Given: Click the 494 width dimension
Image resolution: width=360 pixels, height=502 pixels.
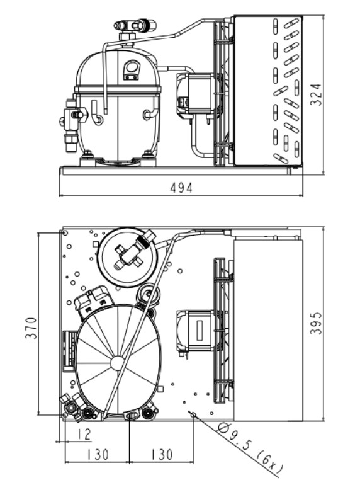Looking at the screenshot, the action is pos(181,188).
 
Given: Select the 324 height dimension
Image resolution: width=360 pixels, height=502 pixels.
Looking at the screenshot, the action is pos(315,94).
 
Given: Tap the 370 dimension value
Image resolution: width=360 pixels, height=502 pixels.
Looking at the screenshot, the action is pos(31,328).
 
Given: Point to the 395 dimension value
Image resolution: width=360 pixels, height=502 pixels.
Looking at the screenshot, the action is pos(315,323).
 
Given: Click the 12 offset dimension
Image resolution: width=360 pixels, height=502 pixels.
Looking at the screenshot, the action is pos(84,434).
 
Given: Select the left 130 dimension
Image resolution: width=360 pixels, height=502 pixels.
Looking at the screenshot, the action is pos(98,455).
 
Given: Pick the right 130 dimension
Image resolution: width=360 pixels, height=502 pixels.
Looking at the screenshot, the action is pos(162,455).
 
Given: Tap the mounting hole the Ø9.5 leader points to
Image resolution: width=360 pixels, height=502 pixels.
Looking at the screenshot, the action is pos(193,415).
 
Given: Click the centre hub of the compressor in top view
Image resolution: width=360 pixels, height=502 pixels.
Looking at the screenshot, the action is pos(118,363).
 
